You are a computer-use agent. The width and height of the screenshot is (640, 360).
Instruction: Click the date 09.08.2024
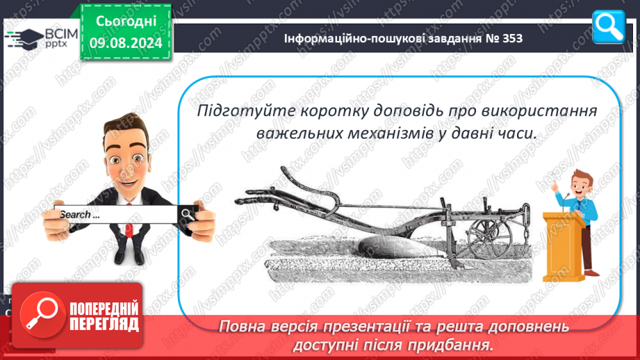click(x=126, y=43)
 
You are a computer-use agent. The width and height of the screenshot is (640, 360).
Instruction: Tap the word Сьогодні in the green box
click(x=126, y=22)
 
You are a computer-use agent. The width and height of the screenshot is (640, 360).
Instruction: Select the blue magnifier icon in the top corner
click(x=609, y=27)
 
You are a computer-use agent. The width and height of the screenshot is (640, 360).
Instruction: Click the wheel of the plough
click(x=489, y=239)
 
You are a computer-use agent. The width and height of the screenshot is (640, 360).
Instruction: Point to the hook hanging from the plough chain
click(x=527, y=247)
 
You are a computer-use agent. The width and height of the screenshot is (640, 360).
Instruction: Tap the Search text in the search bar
click(x=80, y=215)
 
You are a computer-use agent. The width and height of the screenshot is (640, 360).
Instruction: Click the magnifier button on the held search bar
click(x=188, y=214)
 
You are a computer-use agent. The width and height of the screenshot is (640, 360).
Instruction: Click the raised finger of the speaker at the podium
click(x=554, y=179)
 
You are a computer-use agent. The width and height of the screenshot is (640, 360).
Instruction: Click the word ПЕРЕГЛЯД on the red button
click(x=104, y=325)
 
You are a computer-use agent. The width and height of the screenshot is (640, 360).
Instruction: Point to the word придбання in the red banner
click(x=448, y=345)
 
